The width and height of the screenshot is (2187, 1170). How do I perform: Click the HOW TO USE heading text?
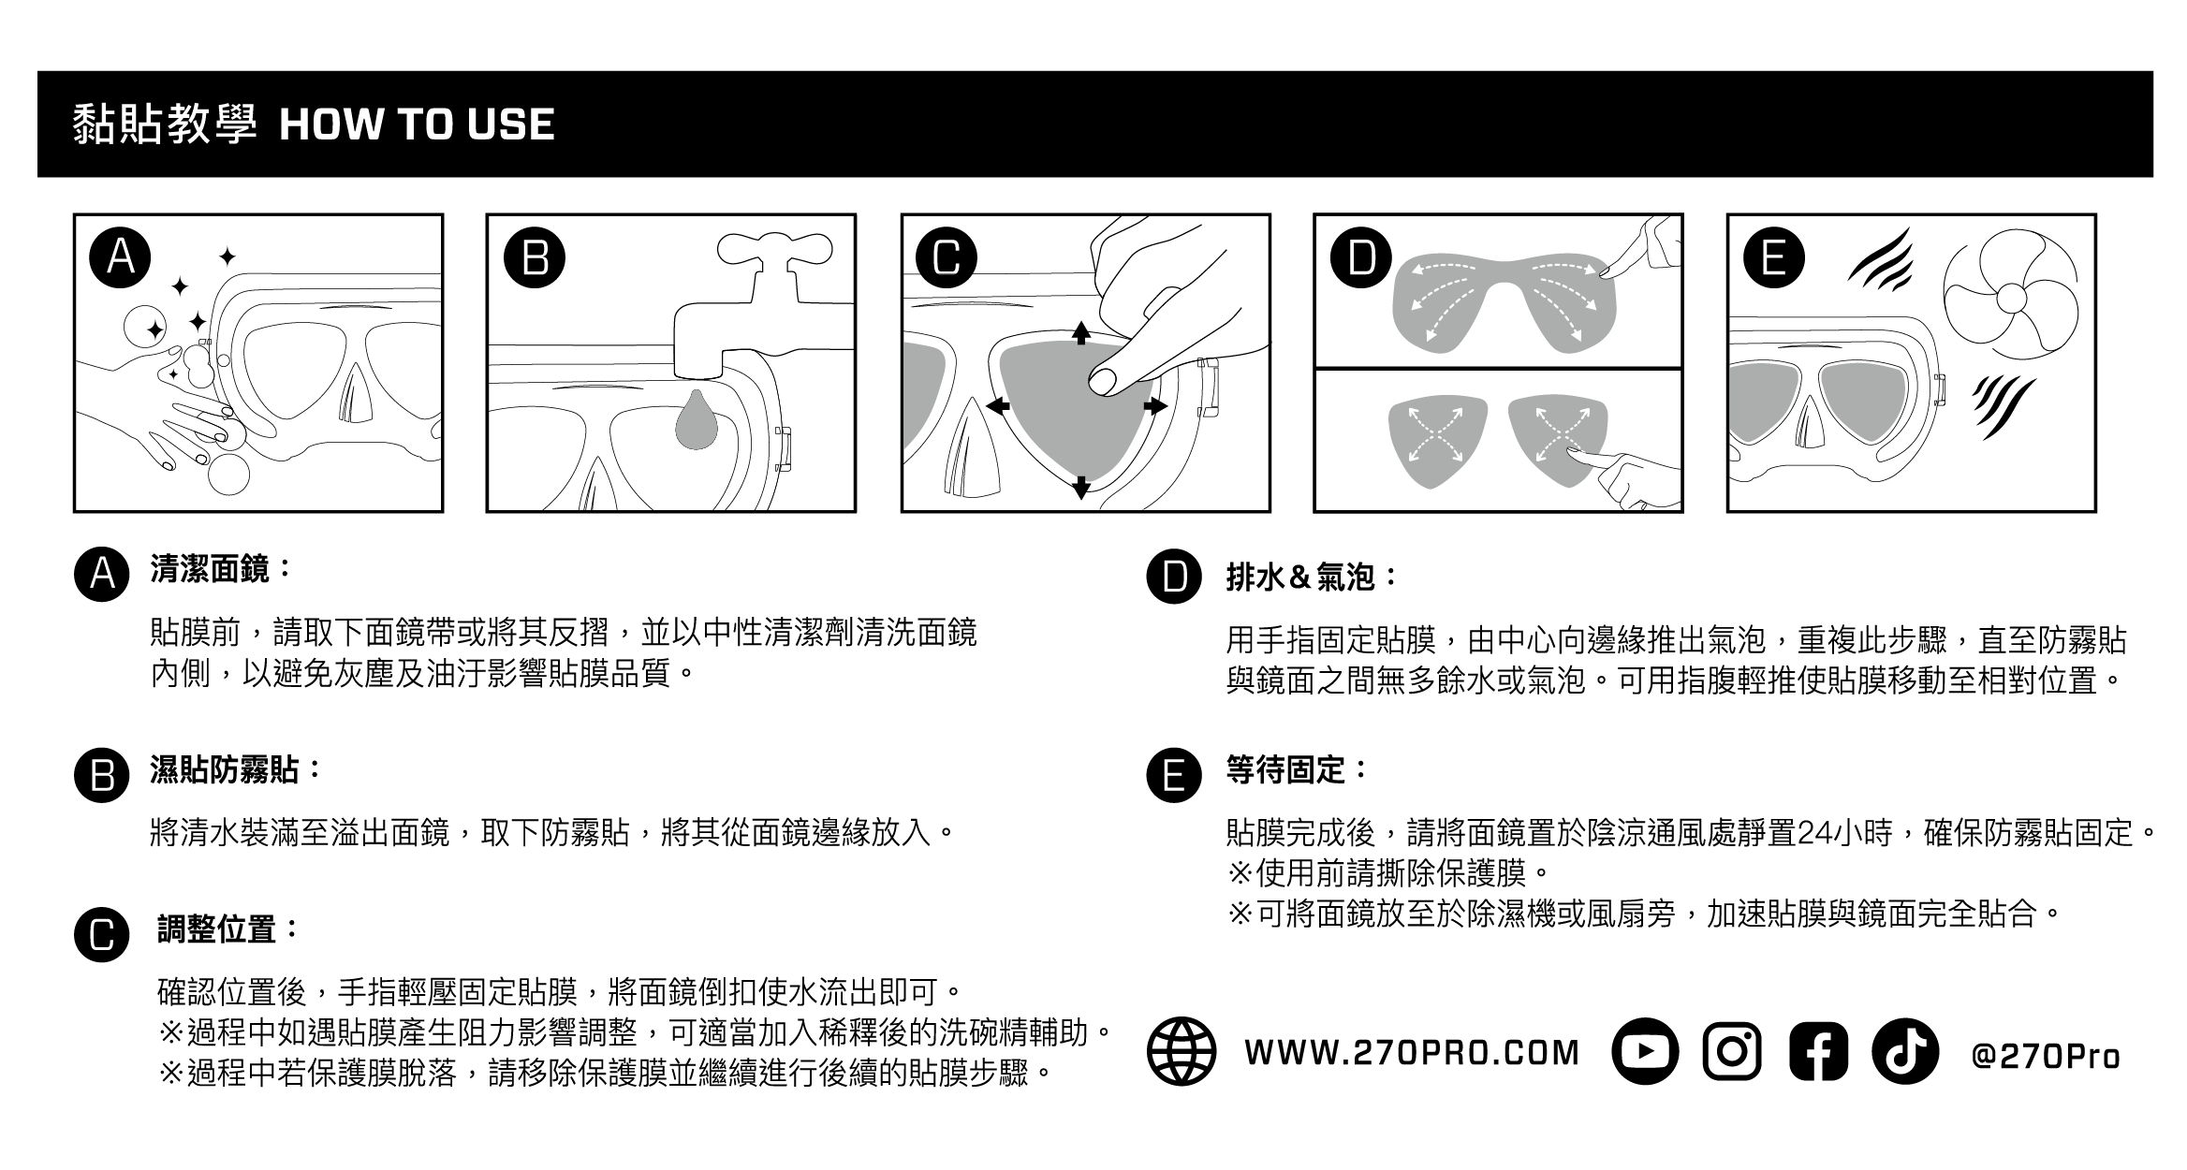pyautogui.click(x=417, y=124)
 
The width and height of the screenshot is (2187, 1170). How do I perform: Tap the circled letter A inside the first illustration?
pyautogui.click(x=121, y=256)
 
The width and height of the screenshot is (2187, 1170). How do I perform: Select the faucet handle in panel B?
pyautogui.click(x=775, y=251)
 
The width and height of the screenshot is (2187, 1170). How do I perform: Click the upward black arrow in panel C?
pyautogui.click(x=1081, y=333)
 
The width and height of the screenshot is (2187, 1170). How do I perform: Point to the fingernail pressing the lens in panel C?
pyautogui.click(x=1103, y=380)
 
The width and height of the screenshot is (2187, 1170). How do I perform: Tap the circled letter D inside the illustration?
pyautogui.click(x=1362, y=256)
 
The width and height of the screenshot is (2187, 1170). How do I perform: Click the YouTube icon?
pyautogui.click(x=1645, y=1051)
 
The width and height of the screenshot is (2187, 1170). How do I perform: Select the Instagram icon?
pyautogui.click(x=1732, y=1051)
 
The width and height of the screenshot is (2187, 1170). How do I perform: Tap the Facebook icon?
pyautogui.click(x=1818, y=1051)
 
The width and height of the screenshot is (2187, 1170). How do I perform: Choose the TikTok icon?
pyautogui.click(x=1905, y=1051)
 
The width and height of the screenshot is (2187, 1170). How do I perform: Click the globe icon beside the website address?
pyautogui.click(x=1182, y=1051)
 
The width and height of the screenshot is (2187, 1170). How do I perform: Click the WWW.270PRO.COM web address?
pyautogui.click(x=1412, y=1053)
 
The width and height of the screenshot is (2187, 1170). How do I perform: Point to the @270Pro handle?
pyautogui.click(x=2046, y=1055)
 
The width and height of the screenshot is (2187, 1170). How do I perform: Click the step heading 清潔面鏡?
pyautogui.click(x=210, y=568)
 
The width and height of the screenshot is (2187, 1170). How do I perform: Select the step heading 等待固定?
pyautogui.click(x=1285, y=770)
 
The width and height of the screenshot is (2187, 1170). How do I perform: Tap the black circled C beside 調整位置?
pyautogui.click(x=101, y=935)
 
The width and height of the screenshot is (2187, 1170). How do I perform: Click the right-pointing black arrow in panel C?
pyautogui.click(x=1154, y=406)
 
